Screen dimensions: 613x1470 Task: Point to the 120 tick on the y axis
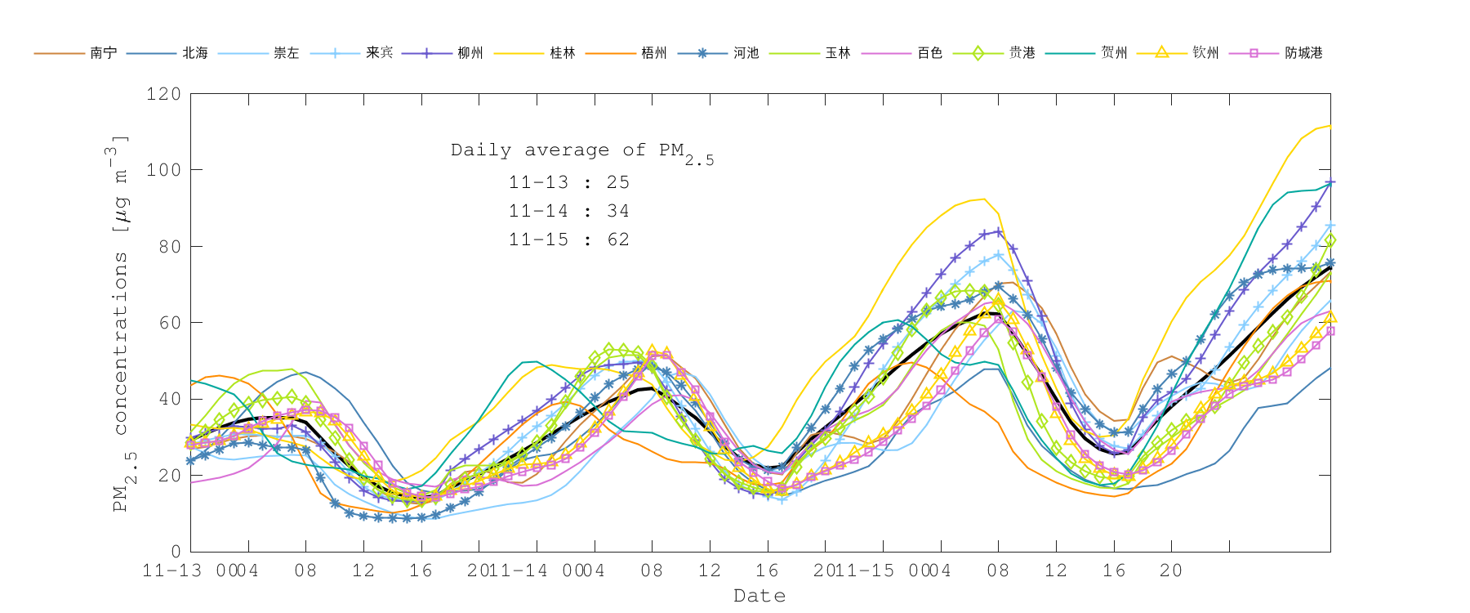click(x=163, y=94)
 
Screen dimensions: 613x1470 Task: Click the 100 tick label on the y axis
click(x=163, y=170)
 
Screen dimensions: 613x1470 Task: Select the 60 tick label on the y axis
click(x=168, y=323)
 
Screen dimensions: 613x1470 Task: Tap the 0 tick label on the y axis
click(x=176, y=552)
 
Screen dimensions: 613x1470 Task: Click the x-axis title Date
click(x=759, y=596)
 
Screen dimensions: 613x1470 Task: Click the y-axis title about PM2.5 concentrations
click(x=121, y=323)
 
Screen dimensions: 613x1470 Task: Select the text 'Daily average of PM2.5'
click(x=581, y=152)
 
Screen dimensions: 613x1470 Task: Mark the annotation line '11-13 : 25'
click(x=568, y=182)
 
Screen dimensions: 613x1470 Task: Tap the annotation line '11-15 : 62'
click(x=568, y=239)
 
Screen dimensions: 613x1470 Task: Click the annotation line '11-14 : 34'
click(x=568, y=211)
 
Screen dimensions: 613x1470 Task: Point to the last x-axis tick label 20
click(x=1170, y=570)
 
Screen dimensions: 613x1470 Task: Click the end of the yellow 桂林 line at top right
click(x=1330, y=126)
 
